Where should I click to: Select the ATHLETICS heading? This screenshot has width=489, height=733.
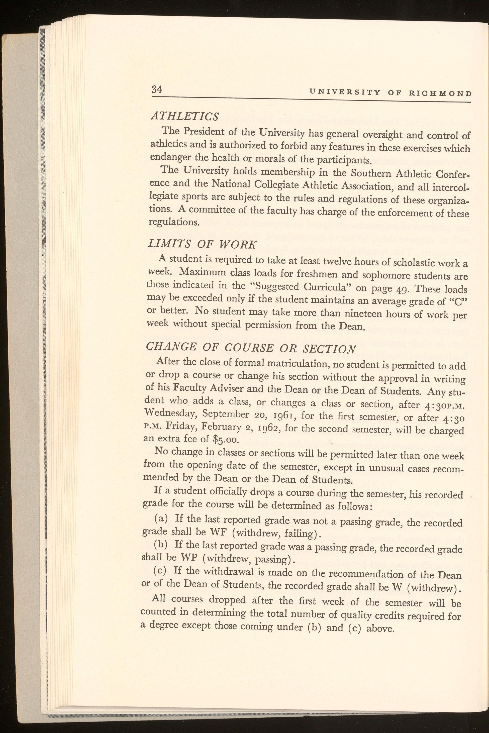tap(185, 117)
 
